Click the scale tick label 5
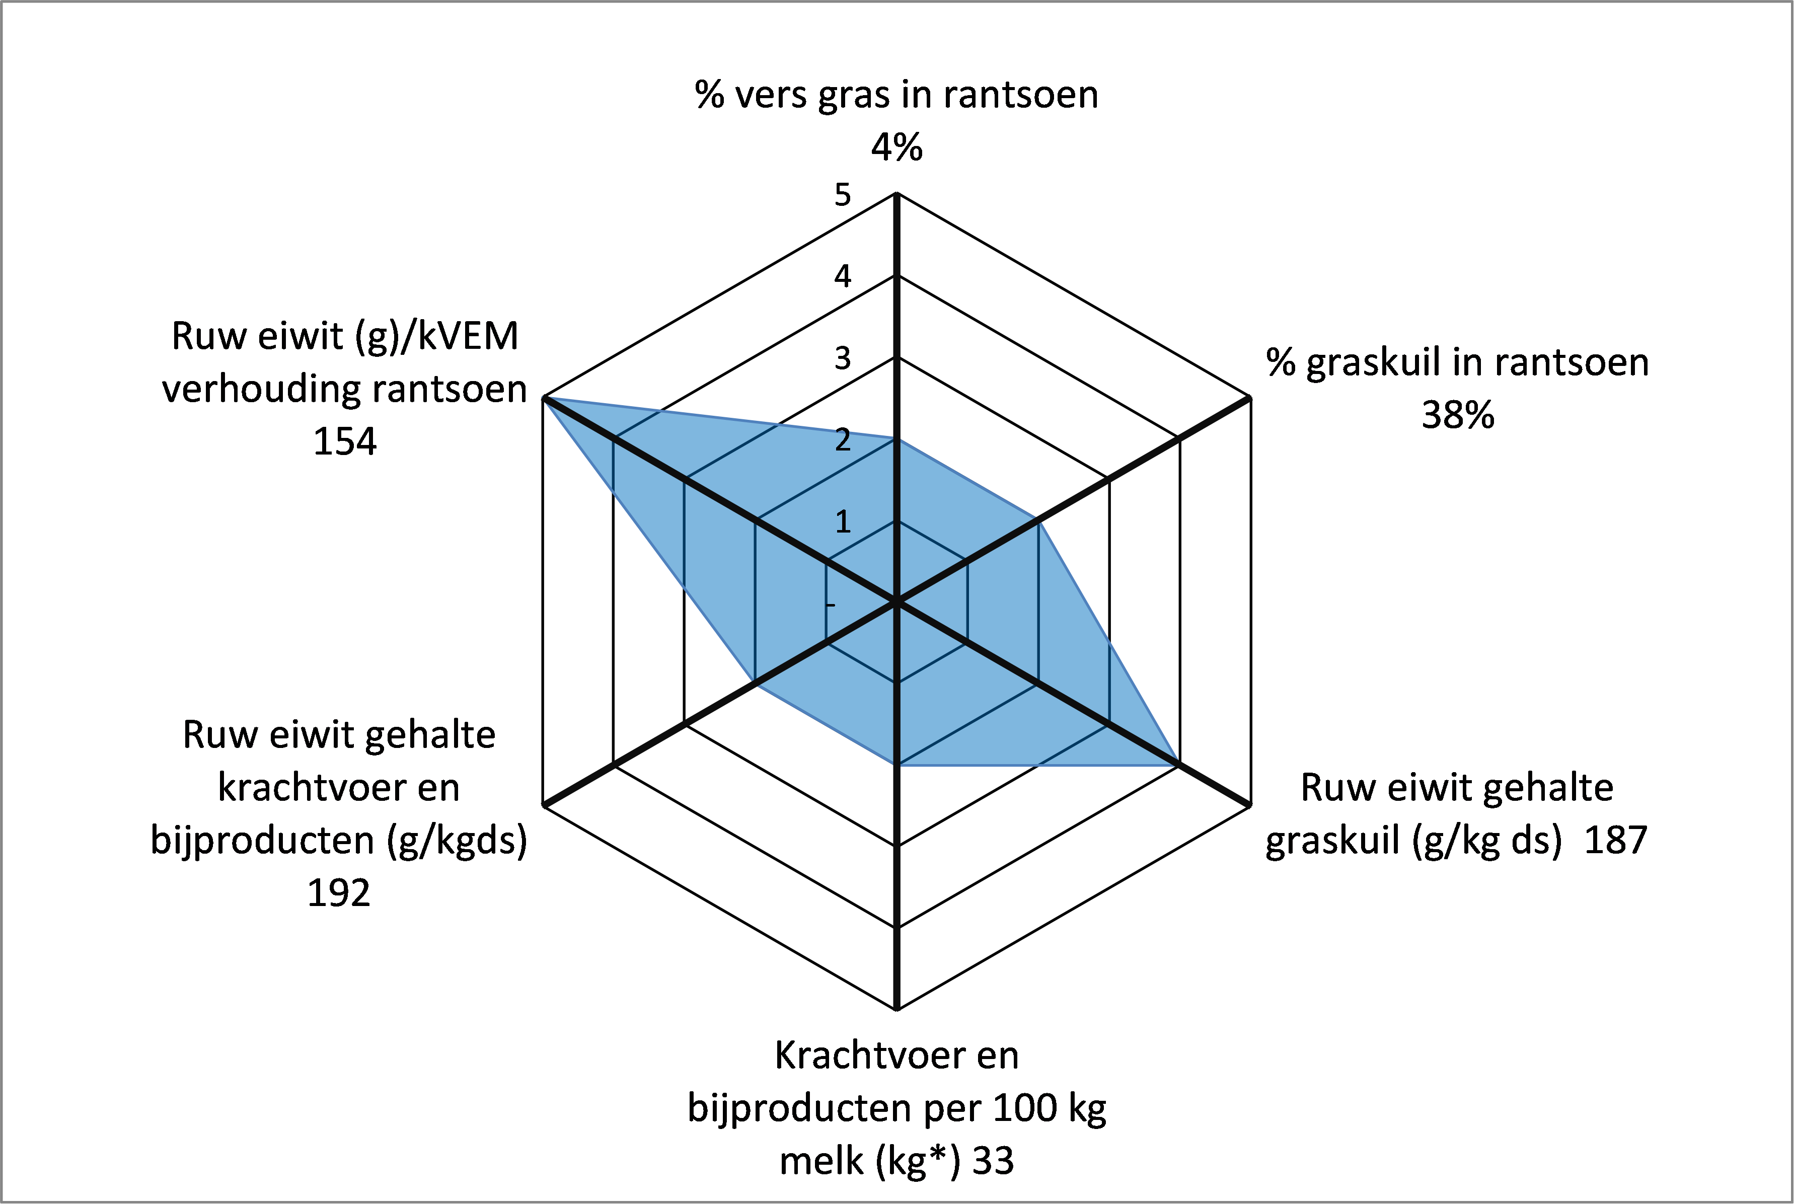(x=843, y=195)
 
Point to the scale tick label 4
(x=843, y=276)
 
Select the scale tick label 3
(x=843, y=358)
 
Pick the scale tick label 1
(x=843, y=522)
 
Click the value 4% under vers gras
(x=896, y=146)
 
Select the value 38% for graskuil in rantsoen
(x=1458, y=415)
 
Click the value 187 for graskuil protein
(x=1616, y=840)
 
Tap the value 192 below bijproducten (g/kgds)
(x=339, y=893)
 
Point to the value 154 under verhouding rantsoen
(x=345, y=441)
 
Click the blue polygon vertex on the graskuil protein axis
(x=1179, y=766)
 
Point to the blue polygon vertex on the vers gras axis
(x=896, y=440)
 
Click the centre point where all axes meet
(x=896, y=603)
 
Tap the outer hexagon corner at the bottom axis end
(x=896, y=1010)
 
